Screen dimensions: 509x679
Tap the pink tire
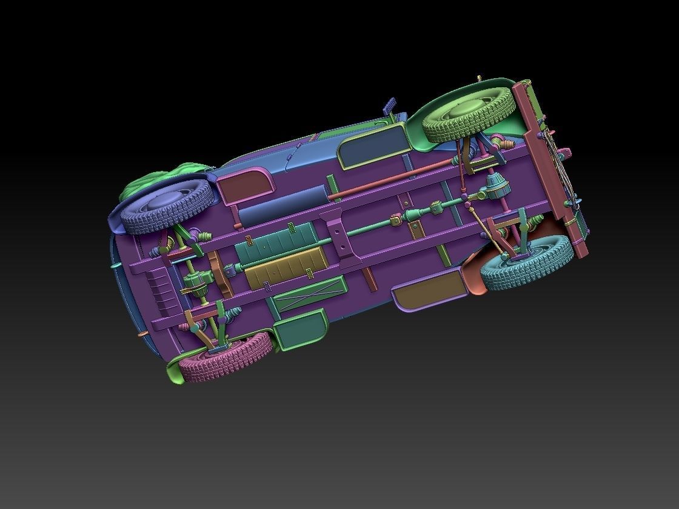[233, 358]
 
